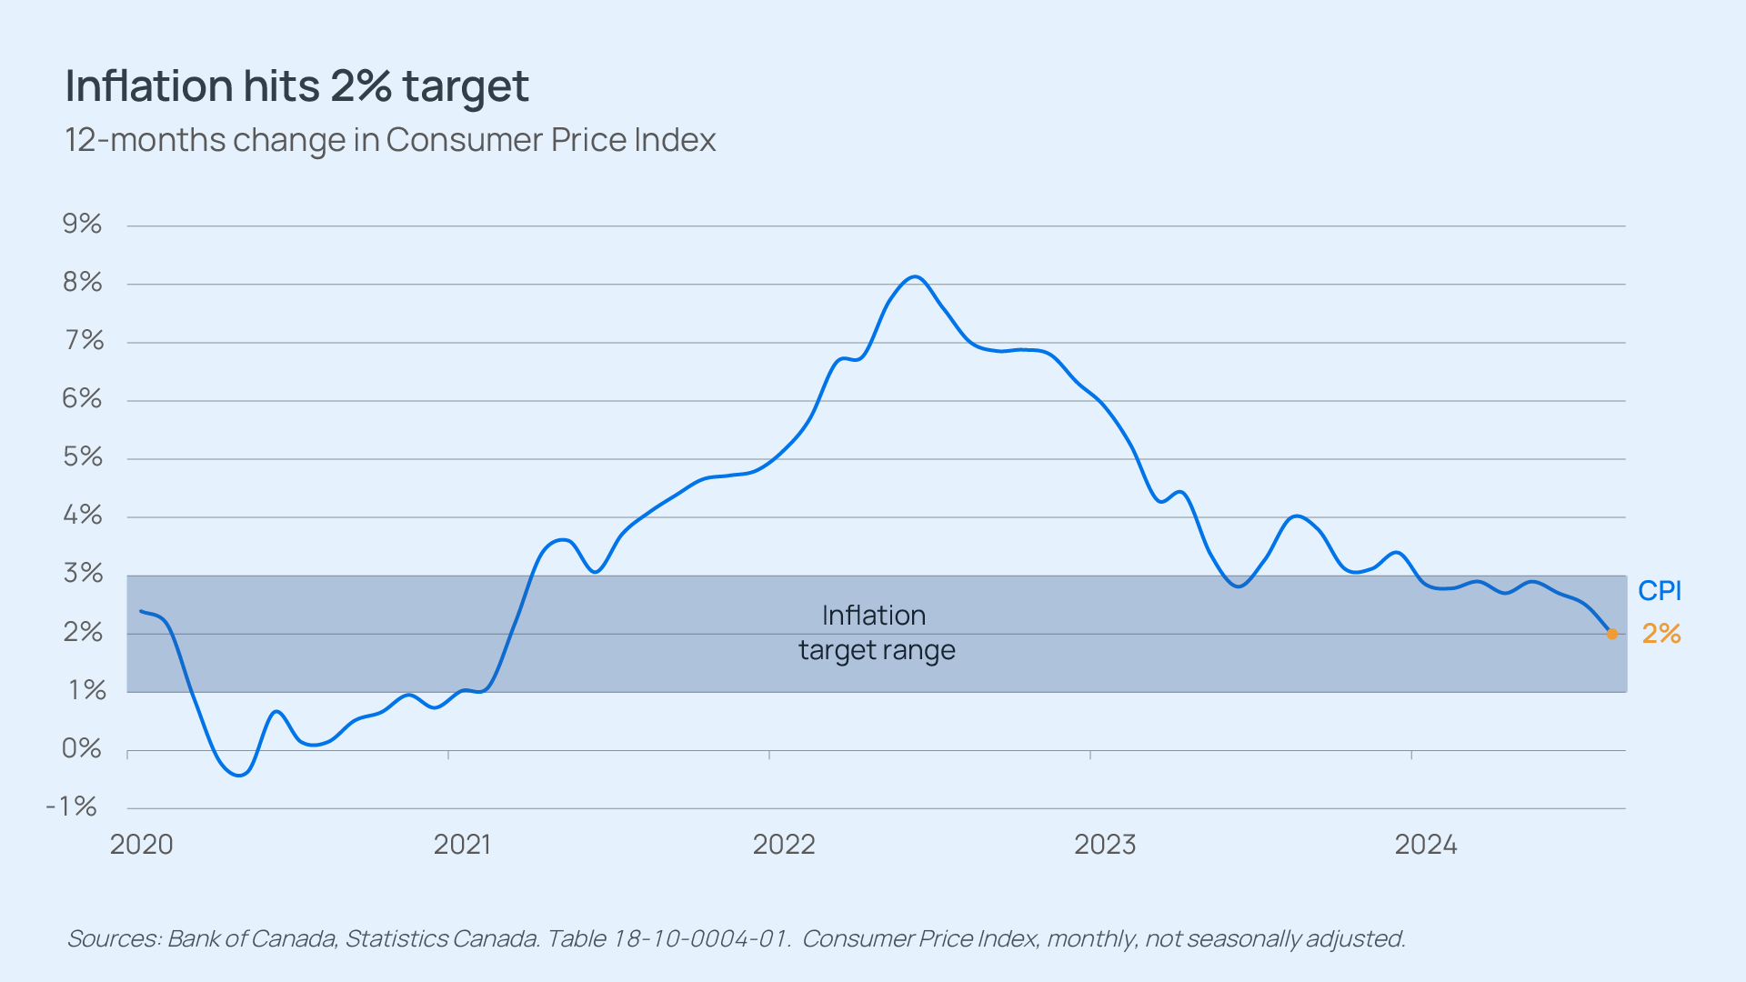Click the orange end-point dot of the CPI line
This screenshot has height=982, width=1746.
point(1612,634)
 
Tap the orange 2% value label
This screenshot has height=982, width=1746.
point(1661,634)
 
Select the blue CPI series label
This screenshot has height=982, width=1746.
point(1660,591)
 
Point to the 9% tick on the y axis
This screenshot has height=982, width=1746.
point(82,224)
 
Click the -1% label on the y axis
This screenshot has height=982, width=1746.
point(72,807)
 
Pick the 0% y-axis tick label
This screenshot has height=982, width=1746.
point(82,748)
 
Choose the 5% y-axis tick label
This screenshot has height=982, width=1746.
point(82,456)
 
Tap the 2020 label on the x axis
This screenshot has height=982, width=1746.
point(142,845)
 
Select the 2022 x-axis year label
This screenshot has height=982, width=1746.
point(784,845)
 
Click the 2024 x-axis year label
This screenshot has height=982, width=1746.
point(1426,845)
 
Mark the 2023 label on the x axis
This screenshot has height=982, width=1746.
point(1105,845)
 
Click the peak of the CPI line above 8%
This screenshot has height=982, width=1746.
point(915,276)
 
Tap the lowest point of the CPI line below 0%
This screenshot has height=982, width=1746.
point(239,776)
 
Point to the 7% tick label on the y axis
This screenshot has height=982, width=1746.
point(82,340)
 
